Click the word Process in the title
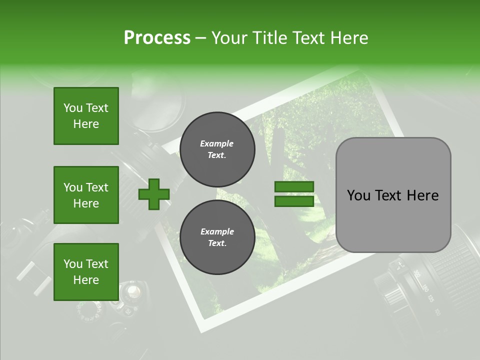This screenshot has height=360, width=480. (157, 37)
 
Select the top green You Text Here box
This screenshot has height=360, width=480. (86, 116)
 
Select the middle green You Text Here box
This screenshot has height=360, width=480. (86, 195)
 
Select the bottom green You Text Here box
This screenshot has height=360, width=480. (86, 272)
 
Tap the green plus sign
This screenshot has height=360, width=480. (154, 194)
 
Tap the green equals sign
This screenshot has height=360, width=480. (294, 194)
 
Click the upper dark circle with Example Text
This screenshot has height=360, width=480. (217, 149)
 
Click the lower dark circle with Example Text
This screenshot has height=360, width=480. (217, 237)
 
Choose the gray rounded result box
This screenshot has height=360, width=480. (393, 195)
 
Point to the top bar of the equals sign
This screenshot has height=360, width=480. (294, 187)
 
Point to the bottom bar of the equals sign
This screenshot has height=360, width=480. (294, 201)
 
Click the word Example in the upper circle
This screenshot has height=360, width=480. (217, 143)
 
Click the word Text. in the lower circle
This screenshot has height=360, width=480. (217, 243)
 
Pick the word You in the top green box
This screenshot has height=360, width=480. (72, 108)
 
